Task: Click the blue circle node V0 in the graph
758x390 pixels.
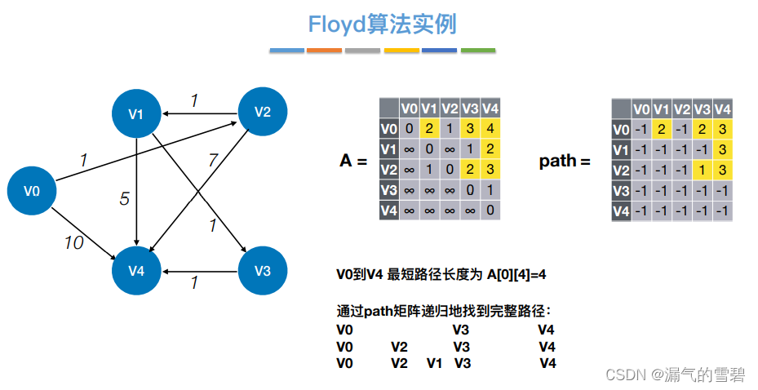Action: click(32, 191)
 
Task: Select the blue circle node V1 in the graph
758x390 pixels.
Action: click(136, 113)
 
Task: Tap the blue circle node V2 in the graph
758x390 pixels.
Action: click(262, 113)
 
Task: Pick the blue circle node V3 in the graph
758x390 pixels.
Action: click(262, 270)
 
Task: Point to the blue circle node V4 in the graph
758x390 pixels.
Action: click(136, 270)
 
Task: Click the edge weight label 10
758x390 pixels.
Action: click(73, 242)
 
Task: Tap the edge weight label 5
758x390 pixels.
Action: click(124, 198)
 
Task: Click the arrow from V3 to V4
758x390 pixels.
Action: click(200, 270)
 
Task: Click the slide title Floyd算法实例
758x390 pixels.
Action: click(382, 24)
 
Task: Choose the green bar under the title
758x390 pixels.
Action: click(478, 51)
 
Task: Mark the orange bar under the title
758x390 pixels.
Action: click(324, 51)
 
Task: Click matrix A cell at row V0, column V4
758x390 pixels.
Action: click(490, 128)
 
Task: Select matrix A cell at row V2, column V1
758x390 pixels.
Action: click(429, 169)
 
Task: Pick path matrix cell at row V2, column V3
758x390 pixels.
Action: click(702, 171)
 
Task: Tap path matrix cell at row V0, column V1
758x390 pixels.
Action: click(662, 130)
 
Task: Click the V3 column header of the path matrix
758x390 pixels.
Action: click(702, 109)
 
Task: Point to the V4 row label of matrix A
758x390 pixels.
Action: click(388, 210)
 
